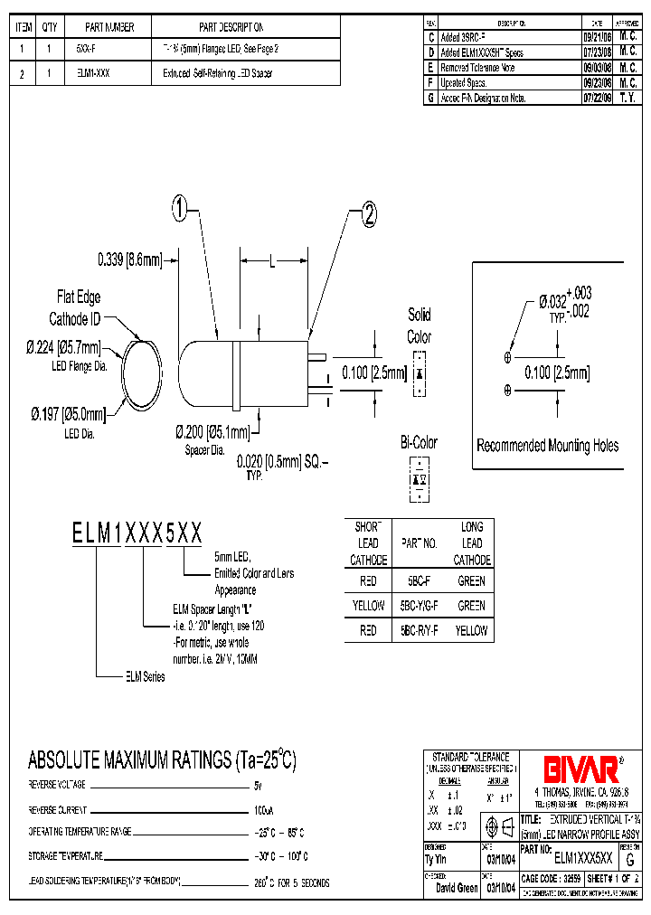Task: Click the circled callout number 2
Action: point(368,214)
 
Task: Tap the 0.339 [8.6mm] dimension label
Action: point(129,260)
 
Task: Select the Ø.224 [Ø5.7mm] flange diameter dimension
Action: point(62,346)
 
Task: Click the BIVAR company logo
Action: point(580,769)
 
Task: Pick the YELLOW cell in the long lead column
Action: point(471,630)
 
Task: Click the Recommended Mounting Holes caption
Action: point(548,446)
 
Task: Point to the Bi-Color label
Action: point(419,442)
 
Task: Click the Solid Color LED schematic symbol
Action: point(419,373)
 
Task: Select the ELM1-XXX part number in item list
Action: point(88,73)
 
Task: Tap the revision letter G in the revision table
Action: point(431,97)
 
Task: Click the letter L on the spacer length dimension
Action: point(271,260)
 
